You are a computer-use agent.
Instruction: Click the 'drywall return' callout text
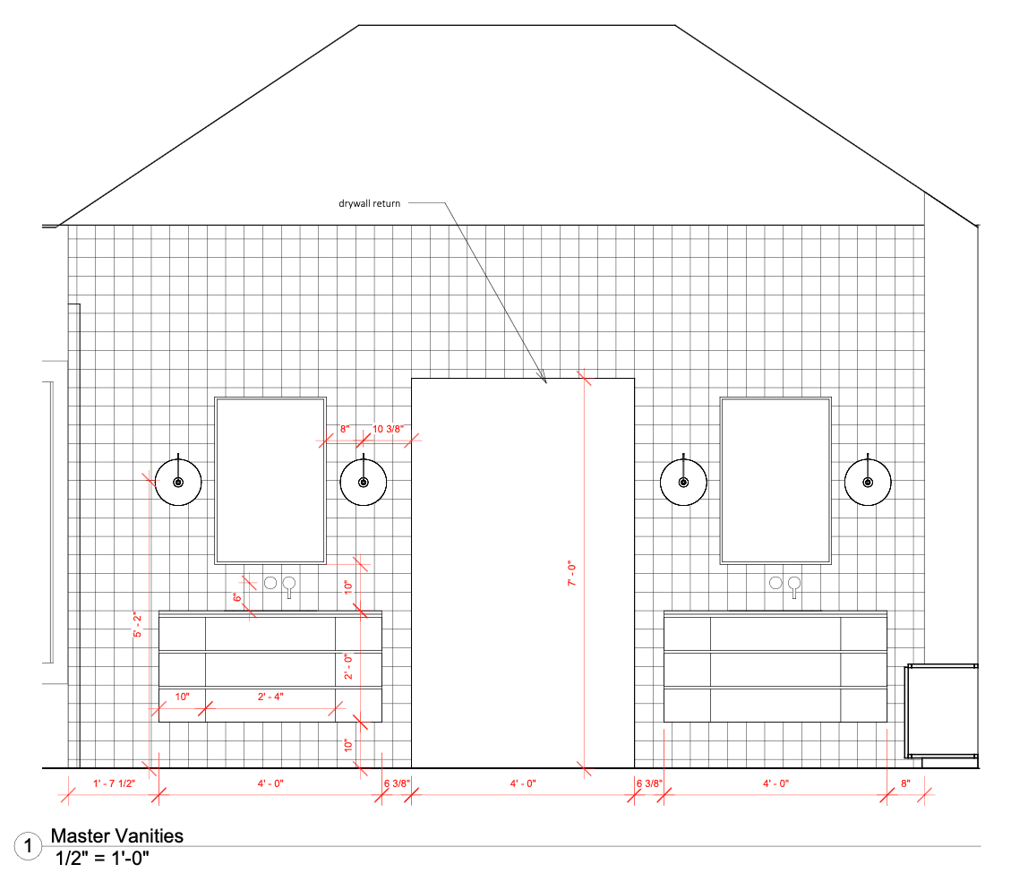point(369,204)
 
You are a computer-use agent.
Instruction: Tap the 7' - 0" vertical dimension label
point(571,573)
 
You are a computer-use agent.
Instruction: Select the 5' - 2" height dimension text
point(138,625)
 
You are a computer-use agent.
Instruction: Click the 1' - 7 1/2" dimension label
point(114,783)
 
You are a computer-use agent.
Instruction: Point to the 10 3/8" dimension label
point(388,429)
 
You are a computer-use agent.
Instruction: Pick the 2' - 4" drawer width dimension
point(270,696)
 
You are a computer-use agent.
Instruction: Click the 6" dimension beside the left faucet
point(237,597)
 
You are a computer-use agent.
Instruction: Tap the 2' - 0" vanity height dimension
point(348,666)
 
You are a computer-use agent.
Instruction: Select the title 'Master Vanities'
point(116,835)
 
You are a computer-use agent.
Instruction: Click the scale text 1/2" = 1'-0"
point(102,858)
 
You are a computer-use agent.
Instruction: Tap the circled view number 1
point(28,846)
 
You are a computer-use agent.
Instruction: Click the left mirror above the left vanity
point(270,481)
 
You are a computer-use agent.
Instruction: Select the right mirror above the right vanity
point(775,481)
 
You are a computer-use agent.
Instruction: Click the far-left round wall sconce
point(178,483)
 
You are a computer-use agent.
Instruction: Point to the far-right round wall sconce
point(868,483)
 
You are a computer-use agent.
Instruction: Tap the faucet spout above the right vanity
point(794,586)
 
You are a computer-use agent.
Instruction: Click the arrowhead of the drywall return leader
point(544,379)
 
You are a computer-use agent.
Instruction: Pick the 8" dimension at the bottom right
point(905,783)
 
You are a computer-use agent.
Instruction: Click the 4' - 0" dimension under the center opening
point(523,783)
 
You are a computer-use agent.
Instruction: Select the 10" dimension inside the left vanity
point(183,696)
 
